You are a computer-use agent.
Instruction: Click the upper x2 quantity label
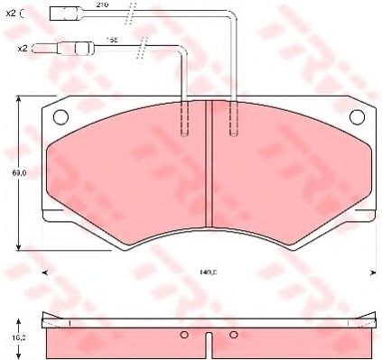pyautogui.click(x=11, y=14)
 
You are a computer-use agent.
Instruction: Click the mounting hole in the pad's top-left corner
pyautogui.click(x=61, y=115)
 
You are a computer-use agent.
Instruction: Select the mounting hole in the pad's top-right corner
pyautogui.click(x=359, y=115)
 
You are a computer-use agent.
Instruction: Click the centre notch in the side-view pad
pyautogui.click(x=210, y=343)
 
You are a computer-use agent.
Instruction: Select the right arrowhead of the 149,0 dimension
pyautogui.click(x=375, y=269)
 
